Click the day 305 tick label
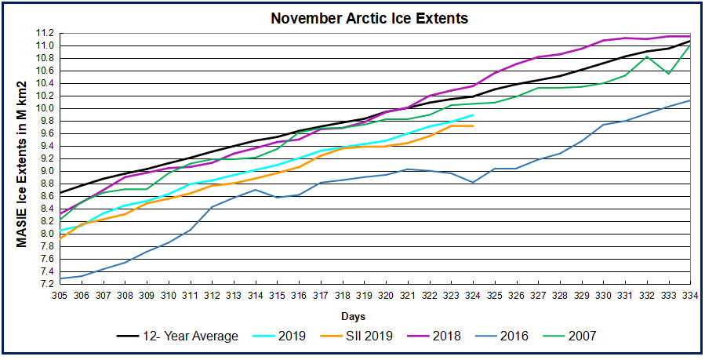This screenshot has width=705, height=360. pyautogui.click(x=60, y=295)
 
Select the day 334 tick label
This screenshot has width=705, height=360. pyautogui.click(x=690, y=295)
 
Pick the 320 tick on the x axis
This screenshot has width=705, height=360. pyautogui.click(x=386, y=295)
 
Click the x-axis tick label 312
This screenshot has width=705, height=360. pyautogui.click(x=213, y=295)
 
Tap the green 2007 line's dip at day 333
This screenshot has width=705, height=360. pyautogui.click(x=668, y=74)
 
